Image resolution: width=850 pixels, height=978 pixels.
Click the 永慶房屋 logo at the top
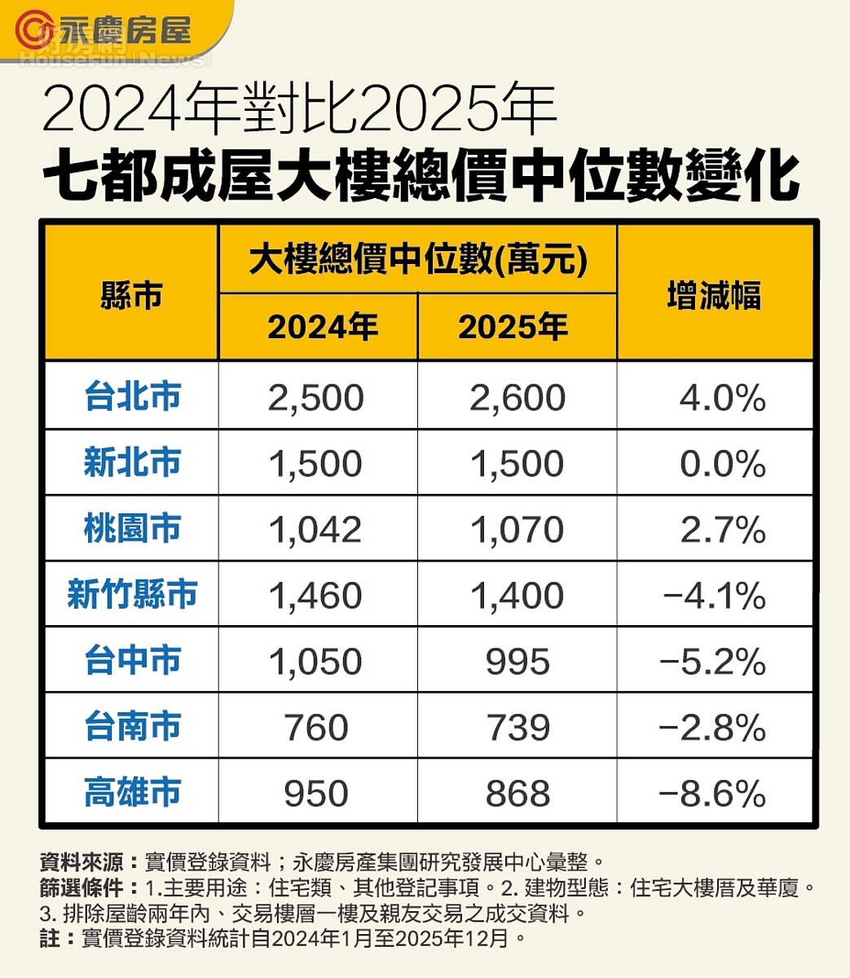106,30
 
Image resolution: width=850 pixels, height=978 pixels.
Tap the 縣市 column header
131,295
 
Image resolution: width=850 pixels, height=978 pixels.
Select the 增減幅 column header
714,295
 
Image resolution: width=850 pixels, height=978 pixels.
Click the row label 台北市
132,398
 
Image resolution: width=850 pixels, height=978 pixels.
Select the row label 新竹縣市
132,595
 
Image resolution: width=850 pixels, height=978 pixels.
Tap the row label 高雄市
132,792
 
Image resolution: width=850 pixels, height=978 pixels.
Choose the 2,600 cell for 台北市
517,399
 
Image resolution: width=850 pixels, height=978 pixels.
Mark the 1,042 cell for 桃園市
315,531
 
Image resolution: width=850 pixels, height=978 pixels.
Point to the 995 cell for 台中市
517,662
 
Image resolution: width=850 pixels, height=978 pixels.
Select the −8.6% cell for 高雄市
715,794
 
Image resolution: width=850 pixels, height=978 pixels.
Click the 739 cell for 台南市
517,728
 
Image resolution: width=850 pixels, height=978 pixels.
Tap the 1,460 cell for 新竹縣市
315,596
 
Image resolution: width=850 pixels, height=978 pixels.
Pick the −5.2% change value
715,662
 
